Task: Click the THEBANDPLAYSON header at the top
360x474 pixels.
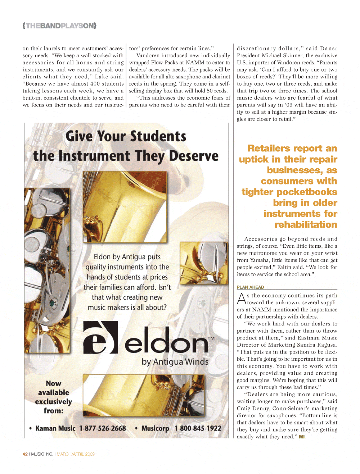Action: (x=59, y=26)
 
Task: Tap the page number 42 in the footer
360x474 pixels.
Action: (x=25, y=454)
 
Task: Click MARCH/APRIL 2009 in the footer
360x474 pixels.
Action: (x=76, y=454)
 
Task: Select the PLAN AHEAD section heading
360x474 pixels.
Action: (x=250, y=287)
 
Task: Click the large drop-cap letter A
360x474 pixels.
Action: (x=242, y=299)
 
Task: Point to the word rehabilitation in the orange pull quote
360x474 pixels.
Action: (x=306, y=225)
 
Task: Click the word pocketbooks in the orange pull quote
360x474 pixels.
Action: (x=309, y=192)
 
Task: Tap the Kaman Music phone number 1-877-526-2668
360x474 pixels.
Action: (x=103, y=428)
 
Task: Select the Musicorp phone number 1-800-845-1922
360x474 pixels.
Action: (x=198, y=428)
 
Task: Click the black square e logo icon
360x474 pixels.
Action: (x=100, y=337)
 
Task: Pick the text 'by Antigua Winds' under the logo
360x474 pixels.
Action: (x=175, y=362)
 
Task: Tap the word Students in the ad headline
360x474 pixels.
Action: (x=158, y=136)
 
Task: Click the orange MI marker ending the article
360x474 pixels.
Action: (x=302, y=437)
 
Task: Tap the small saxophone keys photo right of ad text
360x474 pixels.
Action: (x=204, y=263)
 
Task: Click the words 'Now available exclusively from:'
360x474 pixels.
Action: (x=54, y=397)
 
